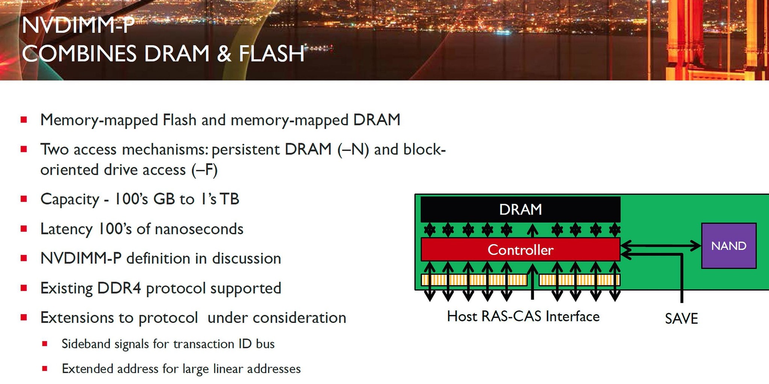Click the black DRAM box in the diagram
pyautogui.click(x=520, y=209)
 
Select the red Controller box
pyautogui.click(x=520, y=250)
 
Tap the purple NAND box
pyautogui.click(x=728, y=246)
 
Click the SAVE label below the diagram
pyautogui.click(x=681, y=319)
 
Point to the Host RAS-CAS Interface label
pyautogui.click(x=523, y=316)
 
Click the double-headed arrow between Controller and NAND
pyautogui.click(x=661, y=246)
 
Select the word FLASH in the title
pyautogui.click(x=271, y=54)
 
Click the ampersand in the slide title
pyautogui.click(x=224, y=54)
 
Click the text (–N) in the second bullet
pyautogui.click(x=353, y=149)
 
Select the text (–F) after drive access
pyautogui.click(x=204, y=170)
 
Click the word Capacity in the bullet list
pyautogui.click(x=70, y=199)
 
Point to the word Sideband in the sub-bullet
pyautogui.click(x=86, y=344)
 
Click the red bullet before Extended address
pyautogui.click(x=45, y=369)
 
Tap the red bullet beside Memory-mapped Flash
pyautogui.click(x=24, y=120)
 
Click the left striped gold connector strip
pyautogui.click(x=474, y=280)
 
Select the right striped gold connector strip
pyautogui.click(x=579, y=280)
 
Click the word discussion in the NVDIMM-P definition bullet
pyautogui.click(x=246, y=258)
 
